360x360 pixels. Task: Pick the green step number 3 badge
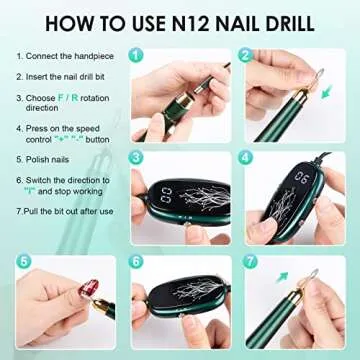click(x=135, y=157)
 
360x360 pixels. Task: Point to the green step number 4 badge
click(x=245, y=157)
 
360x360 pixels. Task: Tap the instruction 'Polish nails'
click(x=51, y=158)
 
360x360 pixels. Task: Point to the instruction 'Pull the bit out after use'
click(x=67, y=212)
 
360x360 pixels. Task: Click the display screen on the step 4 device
click(x=300, y=181)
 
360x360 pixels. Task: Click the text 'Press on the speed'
click(x=60, y=127)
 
